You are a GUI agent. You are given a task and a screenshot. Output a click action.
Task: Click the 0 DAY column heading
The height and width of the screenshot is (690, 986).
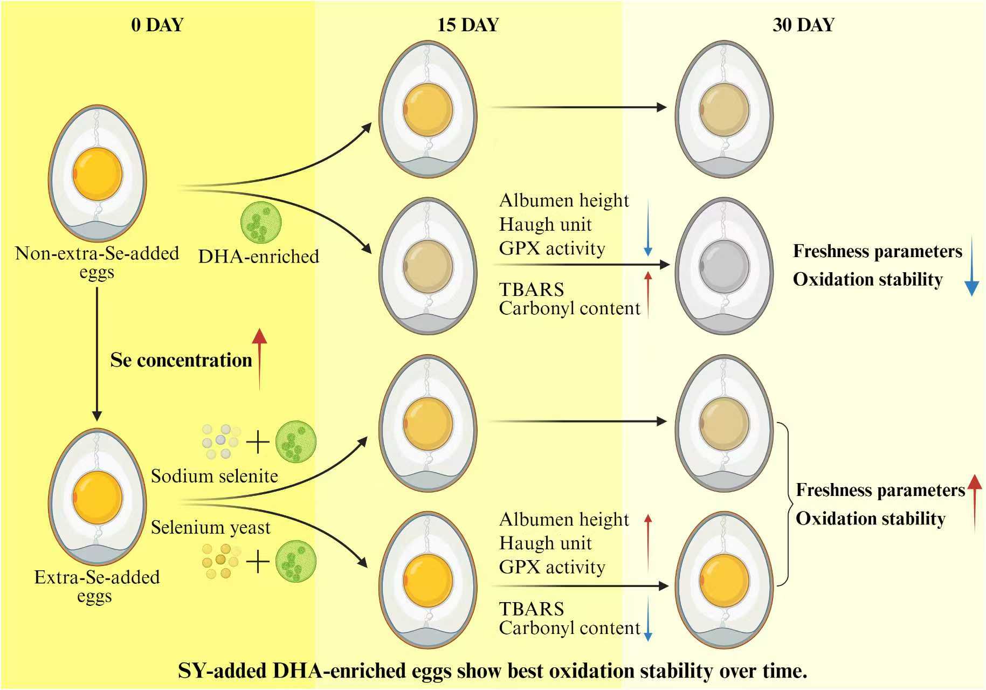157,25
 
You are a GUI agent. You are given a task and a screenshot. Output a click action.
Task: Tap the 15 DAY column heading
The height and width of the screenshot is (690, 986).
468,25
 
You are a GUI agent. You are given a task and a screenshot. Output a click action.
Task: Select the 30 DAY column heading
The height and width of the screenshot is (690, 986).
803,25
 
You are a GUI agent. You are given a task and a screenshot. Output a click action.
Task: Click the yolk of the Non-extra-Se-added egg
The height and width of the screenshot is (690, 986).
98,174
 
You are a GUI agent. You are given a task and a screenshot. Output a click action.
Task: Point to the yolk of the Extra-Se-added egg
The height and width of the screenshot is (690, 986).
98,496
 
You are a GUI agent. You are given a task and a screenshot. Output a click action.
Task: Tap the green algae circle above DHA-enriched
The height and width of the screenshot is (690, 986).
261,222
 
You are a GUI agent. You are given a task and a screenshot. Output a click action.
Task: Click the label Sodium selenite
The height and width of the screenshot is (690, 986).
214,476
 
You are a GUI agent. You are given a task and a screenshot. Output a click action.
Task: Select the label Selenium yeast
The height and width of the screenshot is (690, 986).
210,527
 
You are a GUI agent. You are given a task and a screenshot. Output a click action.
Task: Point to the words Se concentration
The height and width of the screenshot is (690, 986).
181,360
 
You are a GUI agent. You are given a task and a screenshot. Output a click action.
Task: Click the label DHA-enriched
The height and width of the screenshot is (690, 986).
259,256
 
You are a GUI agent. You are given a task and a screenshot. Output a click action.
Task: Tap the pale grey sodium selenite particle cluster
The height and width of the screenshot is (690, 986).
220,441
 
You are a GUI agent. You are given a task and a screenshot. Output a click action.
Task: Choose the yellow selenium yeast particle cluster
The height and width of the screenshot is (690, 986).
220,561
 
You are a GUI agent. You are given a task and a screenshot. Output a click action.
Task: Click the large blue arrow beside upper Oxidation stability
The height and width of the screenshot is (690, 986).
971,266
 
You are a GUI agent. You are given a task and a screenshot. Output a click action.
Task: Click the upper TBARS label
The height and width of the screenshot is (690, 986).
532,289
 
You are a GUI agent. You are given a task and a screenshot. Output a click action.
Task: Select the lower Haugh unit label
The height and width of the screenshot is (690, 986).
546,543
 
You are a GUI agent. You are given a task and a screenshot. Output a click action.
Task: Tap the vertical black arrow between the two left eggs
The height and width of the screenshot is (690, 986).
97,354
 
